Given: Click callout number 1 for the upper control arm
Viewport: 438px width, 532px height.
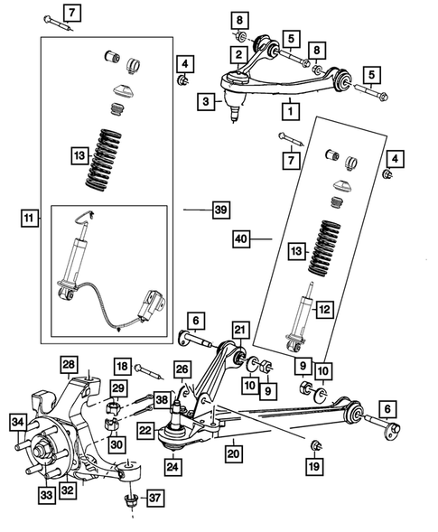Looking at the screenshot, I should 290,112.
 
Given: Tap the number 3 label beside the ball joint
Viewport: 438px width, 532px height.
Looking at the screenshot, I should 207,103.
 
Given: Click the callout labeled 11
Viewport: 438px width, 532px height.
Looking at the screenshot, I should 32,219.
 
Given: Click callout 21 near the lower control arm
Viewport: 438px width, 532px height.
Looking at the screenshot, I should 239,330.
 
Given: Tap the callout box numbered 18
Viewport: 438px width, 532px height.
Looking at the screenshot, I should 123,366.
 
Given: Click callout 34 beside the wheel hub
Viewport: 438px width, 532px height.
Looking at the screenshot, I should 17,421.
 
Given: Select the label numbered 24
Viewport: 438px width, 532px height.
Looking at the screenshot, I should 172,467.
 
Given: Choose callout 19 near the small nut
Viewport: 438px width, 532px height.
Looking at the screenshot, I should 313,467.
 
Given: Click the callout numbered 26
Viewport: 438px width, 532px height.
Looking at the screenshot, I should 182,369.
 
